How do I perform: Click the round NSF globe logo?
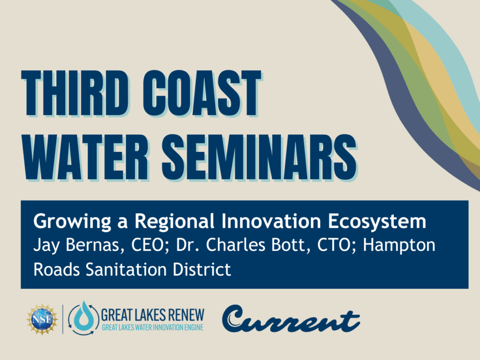pyautogui.click(x=42, y=319)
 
